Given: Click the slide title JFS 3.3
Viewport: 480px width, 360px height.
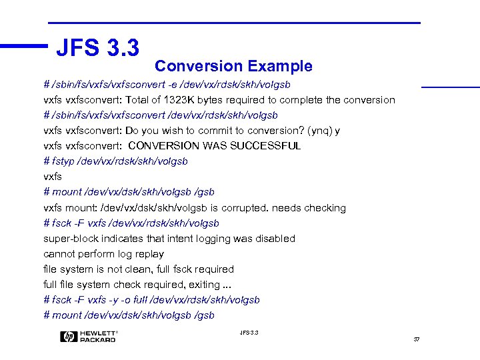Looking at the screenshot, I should pos(98,47).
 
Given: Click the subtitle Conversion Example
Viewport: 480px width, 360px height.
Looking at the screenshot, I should pos(233,66).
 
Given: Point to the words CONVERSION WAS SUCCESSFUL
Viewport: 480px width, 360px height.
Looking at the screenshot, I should pos(214,146).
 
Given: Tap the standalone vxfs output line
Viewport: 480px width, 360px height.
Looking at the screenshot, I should pos(53,177).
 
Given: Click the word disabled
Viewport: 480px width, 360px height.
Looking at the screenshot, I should pos(273,239).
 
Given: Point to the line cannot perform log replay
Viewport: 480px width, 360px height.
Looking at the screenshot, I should pos(103,254).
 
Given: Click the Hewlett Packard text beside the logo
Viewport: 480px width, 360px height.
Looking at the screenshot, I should pos(99,337).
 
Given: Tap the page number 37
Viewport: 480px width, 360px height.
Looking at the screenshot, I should pos(417,339).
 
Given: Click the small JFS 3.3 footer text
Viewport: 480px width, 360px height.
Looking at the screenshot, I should pos(248,333).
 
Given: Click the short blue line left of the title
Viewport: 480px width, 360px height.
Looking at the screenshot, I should pos(24,47).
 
